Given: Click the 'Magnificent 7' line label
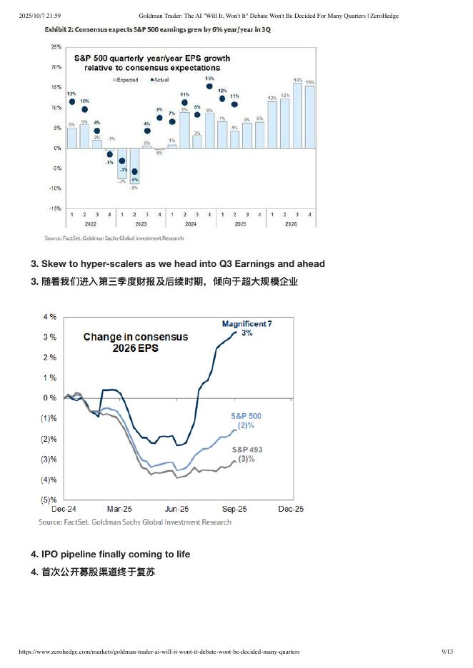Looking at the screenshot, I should [247, 324].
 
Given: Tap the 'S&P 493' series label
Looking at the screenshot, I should [247, 450].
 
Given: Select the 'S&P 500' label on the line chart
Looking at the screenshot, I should [246, 415].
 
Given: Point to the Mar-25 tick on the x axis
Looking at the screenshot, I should [119, 510].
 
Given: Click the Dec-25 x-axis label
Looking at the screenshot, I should [291, 510].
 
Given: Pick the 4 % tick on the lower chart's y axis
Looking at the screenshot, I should [50, 316].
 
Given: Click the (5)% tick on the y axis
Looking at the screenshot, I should [49, 500].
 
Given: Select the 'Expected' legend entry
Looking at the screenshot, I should [126, 80].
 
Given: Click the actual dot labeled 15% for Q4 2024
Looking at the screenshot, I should [209, 86].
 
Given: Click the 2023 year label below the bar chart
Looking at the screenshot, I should [140, 224].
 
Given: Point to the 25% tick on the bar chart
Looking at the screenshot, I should [55, 46].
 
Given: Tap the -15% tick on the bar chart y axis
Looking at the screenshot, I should [54, 209].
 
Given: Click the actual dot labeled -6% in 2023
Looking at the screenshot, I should [134, 171].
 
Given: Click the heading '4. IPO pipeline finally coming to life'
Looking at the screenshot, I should [111, 554].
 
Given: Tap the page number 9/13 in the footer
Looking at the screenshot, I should [448, 652].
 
